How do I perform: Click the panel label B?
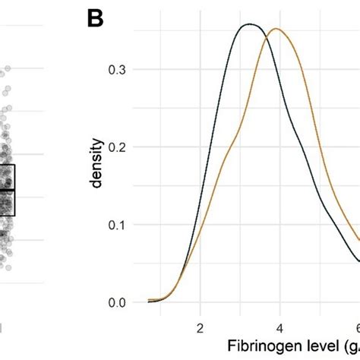[95, 18]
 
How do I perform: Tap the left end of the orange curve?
[149, 300]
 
